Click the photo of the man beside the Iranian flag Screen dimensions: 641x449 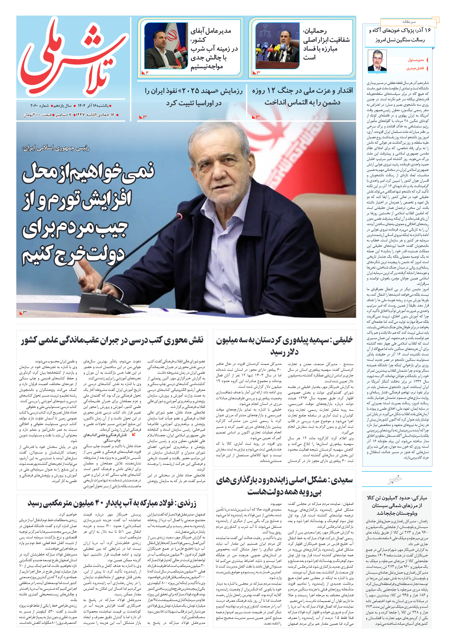click(x=166, y=46)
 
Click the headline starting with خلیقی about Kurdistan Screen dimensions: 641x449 click(x=284, y=345)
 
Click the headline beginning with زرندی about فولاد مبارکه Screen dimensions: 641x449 click(x=112, y=503)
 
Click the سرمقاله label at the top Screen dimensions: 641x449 click(x=409, y=22)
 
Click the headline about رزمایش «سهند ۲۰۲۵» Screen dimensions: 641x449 click(x=194, y=97)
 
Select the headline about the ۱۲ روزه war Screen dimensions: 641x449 click(x=302, y=96)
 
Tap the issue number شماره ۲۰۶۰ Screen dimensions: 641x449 click(x=39, y=106)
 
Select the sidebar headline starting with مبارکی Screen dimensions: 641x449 click(x=397, y=505)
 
